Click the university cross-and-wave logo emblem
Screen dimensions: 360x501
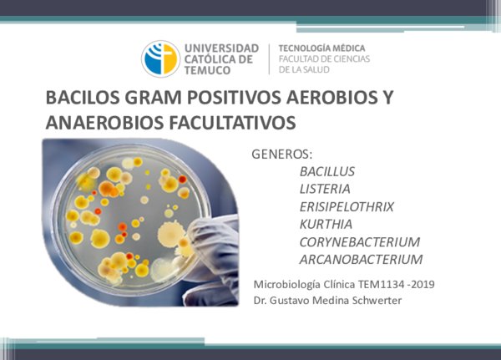point(160,58)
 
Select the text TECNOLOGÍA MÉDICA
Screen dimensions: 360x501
point(321,48)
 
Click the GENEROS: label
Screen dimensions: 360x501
point(281,155)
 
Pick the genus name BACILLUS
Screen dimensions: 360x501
point(326,171)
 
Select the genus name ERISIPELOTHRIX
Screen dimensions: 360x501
point(346,206)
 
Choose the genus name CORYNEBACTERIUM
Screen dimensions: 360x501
point(359,241)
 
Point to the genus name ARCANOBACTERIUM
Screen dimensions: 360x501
point(361,259)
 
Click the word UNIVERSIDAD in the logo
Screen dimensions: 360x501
point(220,48)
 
